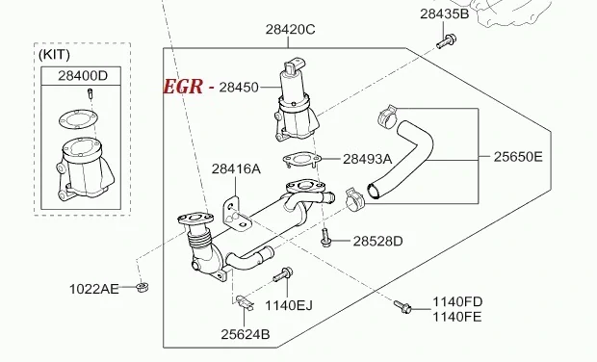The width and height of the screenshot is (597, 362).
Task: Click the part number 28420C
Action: coord(290,30)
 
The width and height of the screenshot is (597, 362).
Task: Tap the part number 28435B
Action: coord(444,13)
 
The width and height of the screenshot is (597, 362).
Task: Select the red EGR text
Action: coord(183,87)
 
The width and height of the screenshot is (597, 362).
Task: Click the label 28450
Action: coord(239,88)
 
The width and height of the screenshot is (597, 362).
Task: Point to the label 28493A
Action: coord(367,159)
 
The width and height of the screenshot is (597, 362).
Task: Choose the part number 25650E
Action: coord(518,156)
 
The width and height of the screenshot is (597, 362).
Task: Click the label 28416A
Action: coord(236,168)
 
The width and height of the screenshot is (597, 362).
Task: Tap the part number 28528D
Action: coord(377,241)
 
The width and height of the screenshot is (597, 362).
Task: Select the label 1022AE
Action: coord(94,289)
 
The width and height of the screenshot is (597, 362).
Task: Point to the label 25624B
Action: coord(245,334)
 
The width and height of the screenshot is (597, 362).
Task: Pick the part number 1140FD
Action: coord(457,302)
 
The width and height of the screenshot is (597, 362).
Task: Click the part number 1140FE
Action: coord(457,317)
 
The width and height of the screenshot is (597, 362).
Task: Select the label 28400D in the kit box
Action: coord(83,75)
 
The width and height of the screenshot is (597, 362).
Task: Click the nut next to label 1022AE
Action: coord(142,286)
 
